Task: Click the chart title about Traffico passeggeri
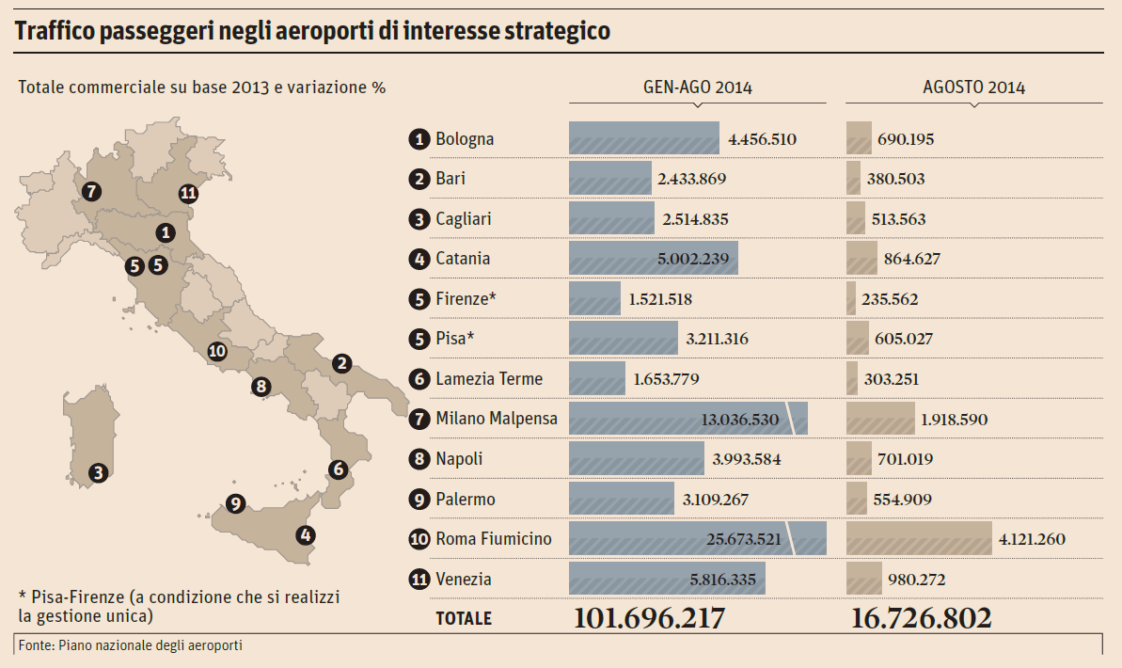tap(313, 30)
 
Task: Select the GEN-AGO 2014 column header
tap(697, 87)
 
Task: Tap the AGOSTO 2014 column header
tap(973, 87)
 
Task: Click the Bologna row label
tap(465, 139)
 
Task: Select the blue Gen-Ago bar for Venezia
tap(666, 579)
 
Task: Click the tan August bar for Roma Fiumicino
tap(919, 539)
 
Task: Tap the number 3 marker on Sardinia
tap(98, 472)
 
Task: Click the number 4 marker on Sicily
tap(305, 535)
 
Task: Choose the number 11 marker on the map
tap(188, 194)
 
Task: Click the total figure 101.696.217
tap(650, 618)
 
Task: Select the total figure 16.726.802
tap(921, 618)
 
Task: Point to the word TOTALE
tap(463, 619)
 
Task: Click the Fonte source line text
tap(130, 645)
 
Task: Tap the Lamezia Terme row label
tap(489, 379)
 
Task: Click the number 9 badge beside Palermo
tap(419, 500)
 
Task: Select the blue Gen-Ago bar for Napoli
tap(636, 459)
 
